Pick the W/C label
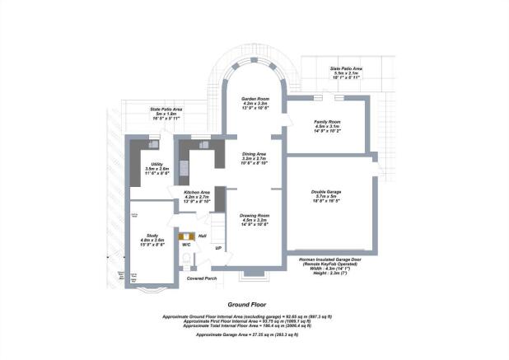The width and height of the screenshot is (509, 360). tap(186, 245)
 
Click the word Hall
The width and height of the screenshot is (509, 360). tap(202, 235)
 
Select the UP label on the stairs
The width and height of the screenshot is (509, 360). tap(217, 248)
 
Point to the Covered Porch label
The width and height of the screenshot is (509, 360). tap(201, 278)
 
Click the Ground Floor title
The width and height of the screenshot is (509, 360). tap(254, 304)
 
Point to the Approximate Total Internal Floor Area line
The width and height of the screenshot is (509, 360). tap(254, 326)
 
